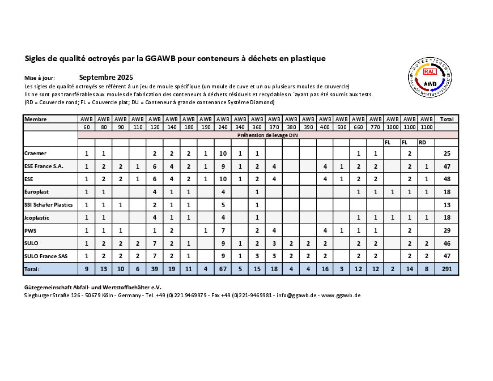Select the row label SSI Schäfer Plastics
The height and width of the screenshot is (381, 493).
(x=49, y=204)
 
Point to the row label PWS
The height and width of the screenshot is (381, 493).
(x=31, y=230)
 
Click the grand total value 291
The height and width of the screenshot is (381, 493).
(x=447, y=269)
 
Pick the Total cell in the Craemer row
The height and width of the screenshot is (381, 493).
(x=447, y=154)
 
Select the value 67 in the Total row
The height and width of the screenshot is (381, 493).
(x=223, y=269)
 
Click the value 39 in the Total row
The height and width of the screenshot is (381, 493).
(x=155, y=269)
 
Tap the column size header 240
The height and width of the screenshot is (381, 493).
(x=223, y=127)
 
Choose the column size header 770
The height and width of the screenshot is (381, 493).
(x=375, y=127)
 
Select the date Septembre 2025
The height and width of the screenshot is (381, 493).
(x=106, y=77)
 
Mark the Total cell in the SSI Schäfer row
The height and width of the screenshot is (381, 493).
(x=447, y=205)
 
